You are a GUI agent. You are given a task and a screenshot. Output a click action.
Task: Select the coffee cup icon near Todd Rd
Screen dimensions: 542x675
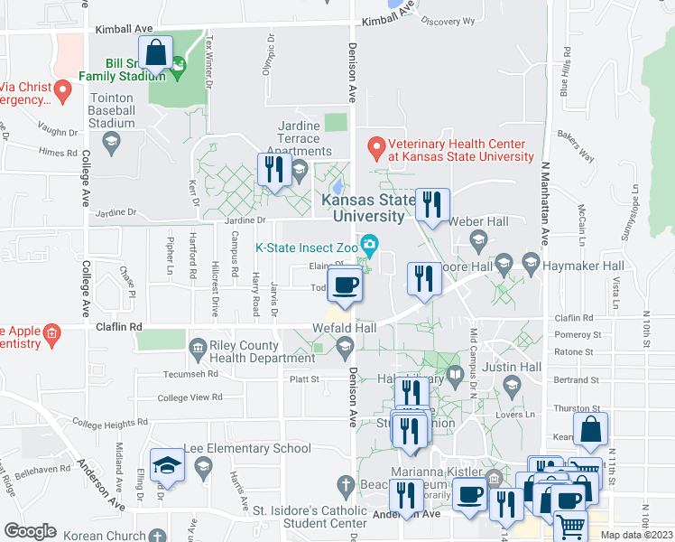(345, 285)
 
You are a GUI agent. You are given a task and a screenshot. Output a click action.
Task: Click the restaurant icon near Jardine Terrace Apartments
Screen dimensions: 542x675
(273, 169)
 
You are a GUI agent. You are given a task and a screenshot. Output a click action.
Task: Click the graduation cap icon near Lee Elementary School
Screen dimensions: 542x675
(167, 465)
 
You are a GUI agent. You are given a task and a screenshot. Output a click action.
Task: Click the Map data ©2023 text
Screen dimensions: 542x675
(636, 535)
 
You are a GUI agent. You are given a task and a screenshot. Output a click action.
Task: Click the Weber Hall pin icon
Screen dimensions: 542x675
(478, 239)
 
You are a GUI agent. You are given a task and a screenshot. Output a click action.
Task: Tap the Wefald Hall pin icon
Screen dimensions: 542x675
(345, 346)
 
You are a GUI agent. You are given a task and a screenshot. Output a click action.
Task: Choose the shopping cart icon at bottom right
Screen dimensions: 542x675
(569, 524)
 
